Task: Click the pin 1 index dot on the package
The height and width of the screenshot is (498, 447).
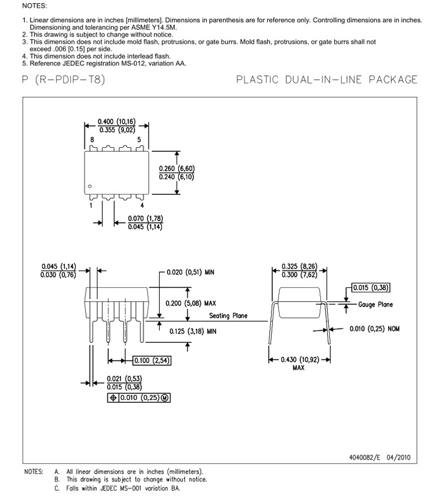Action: (89, 186)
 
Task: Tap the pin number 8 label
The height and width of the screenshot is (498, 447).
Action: (92, 140)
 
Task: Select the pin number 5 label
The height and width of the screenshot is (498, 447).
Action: (139, 140)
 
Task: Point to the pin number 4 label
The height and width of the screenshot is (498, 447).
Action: (142, 206)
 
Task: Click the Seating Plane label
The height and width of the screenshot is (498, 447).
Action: (228, 316)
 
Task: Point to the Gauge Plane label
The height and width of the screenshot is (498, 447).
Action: (375, 305)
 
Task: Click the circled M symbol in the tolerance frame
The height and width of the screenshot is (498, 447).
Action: (165, 398)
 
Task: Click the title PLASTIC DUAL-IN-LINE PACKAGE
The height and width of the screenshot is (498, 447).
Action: (326, 80)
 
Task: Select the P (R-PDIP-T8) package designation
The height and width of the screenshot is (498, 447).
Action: (63, 80)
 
